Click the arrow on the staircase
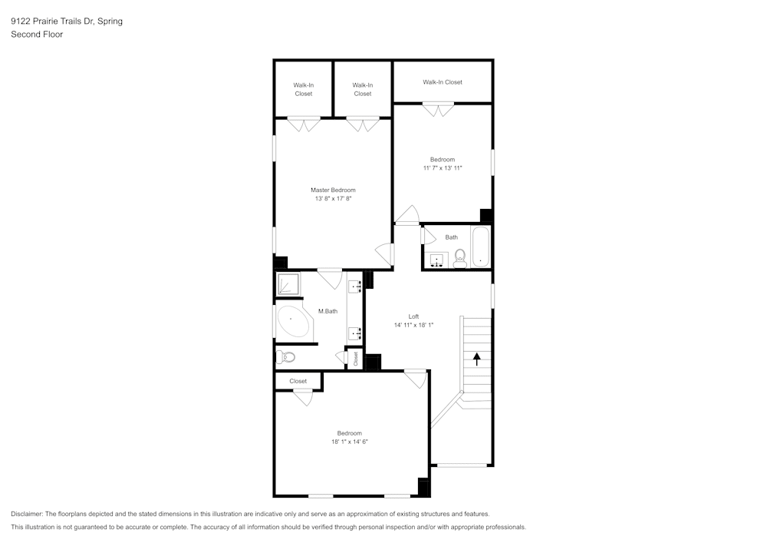tap(477, 358)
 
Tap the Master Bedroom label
tap(333, 190)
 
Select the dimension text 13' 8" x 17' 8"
tap(333, 199)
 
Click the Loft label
tap(413, 316)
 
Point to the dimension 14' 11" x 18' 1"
tap(413, 325)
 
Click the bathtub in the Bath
tap(481, 247)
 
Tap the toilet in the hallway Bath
tap(460, 257)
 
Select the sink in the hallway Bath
tap(438, 260)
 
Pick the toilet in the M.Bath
tap(286, 356)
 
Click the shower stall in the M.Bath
tap(288, 285)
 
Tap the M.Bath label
tap(328, 311)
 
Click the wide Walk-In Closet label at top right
tap(443, 82)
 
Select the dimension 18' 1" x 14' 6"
tap(350, 442)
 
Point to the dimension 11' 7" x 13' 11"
tap(443, 168)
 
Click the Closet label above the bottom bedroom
tap(298, 381)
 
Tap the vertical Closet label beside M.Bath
tap(355, 359)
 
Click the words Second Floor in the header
tap(37, 35)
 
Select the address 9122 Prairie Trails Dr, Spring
tap(67, 22)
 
